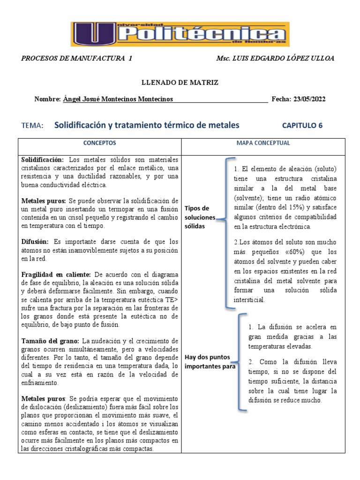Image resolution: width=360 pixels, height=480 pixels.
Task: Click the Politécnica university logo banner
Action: tap(180, 34)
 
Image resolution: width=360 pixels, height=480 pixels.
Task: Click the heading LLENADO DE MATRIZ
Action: tap(180, 82)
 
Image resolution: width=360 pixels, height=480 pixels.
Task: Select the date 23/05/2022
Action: tap(309, 99)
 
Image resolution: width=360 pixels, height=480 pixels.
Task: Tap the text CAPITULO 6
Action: tap(302, 126)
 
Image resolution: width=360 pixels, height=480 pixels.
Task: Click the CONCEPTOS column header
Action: tap(99, 143)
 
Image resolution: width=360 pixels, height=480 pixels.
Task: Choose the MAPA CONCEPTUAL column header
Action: tap(263, 143)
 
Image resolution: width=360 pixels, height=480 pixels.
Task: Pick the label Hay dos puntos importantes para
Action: tap(210, 362)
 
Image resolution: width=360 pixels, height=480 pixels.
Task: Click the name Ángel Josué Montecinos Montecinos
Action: tap(118, 99)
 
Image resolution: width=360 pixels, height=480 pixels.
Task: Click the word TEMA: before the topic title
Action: tap(32, 126)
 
